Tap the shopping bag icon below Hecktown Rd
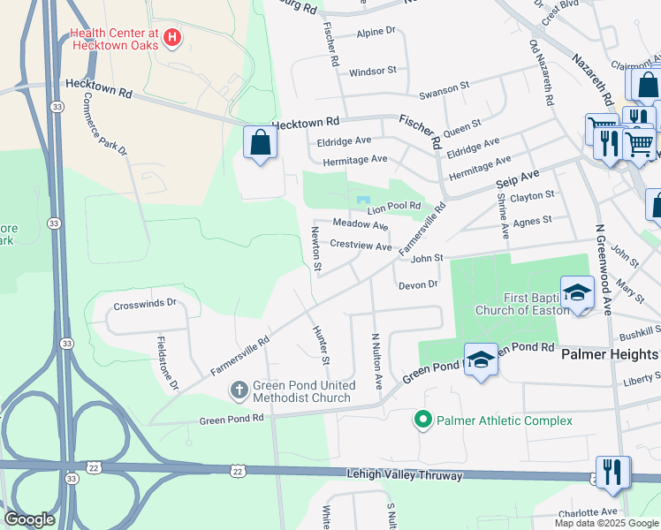coord(261,143)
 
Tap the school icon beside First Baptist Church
coord(577,292)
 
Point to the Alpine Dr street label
coord(376,31)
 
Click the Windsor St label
coord(373,72)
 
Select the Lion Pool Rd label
coord(394,207)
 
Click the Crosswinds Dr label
coord(145,303)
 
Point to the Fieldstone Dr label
coord(168,362)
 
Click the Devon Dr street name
coord(418,284)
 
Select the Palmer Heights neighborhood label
coord(610,354)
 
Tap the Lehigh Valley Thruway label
coord(403,475)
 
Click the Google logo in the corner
coord(30,519)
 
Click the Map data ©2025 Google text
coord(605,523)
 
